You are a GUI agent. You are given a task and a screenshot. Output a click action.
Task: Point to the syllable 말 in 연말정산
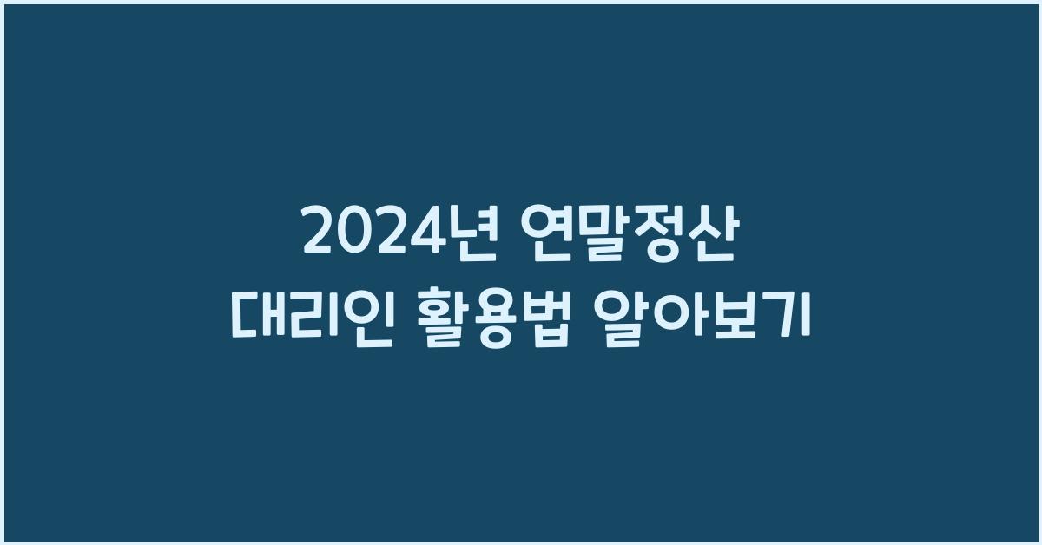coord(604,234)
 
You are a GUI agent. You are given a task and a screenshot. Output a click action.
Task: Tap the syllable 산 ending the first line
coord(715,234)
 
